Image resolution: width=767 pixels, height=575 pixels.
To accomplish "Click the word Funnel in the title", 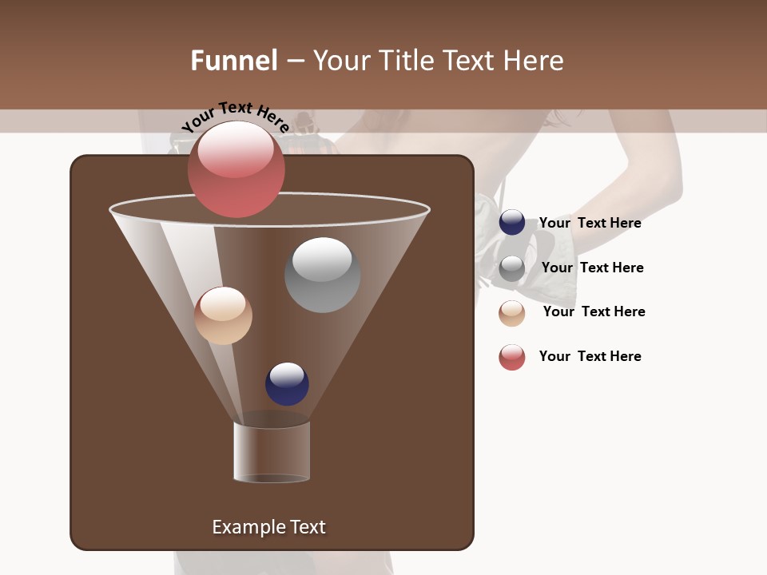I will tap(234, 61).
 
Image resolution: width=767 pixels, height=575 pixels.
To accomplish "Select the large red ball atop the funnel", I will tap(236, 169).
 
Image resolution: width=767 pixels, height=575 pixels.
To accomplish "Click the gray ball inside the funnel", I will tap(323, 275).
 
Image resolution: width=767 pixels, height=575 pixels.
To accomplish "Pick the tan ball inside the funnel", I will tap(224, 315).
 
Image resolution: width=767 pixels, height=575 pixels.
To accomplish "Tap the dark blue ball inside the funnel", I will tap(287, 384).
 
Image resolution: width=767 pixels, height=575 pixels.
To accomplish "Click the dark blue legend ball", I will tap(512, 223).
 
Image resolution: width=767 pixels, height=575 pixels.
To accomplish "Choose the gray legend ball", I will tap(512, 268).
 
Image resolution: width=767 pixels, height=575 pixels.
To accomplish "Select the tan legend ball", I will tap(512, 313).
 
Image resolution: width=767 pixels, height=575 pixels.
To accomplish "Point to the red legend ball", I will tap(512, 357).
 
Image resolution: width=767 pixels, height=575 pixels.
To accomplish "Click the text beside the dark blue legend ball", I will tap(590, 223).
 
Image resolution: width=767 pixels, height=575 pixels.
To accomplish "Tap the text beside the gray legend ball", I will tap(592, 268).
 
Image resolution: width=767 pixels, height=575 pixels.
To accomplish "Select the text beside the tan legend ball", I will tap(594, 311).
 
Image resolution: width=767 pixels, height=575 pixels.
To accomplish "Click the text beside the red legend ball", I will tap(590, 356).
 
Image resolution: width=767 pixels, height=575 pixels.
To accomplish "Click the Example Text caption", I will tap(268, 527).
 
